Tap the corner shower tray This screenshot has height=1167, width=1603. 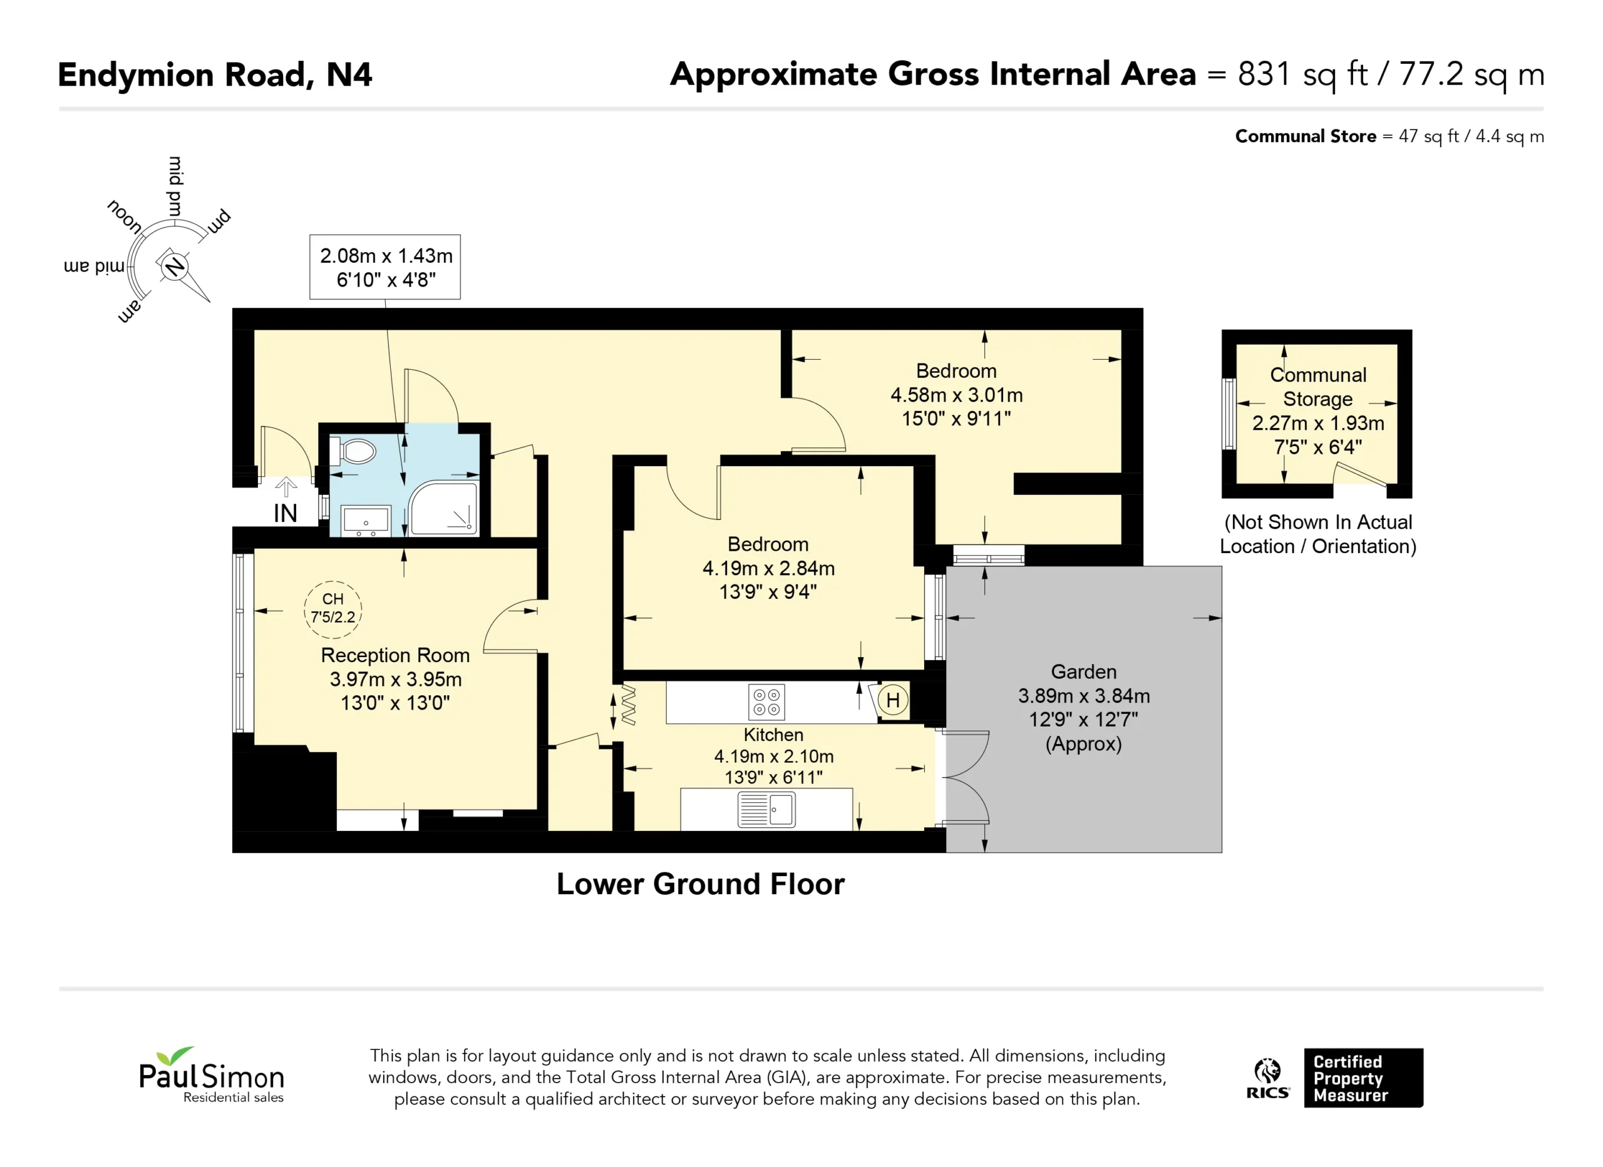(x=444, y=507)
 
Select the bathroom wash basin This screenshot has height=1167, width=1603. (x=366, y=521)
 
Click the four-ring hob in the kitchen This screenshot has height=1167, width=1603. (x=767, y=702)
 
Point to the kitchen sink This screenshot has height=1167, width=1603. (x=766, y=810)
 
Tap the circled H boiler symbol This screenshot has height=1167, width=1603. (x=893, y=700)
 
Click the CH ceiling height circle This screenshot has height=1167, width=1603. (x=333, y=609)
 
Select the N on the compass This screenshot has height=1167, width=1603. (x=174, y=267)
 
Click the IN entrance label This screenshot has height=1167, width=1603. (x=286, y=514)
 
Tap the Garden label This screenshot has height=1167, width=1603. (x=1083, y=672)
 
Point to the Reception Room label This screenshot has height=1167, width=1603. (x=395, y=656)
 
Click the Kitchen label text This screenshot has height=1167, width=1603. (x=773, y=735)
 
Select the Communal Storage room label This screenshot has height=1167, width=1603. (x=1318, y=387)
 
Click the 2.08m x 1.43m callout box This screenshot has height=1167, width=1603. (x=385, y=267)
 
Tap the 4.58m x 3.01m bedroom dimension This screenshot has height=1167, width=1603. (x=956, y=395)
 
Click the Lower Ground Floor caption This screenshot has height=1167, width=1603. (x=701, y=884)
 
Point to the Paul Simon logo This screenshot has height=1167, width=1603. (x=212, y=1075)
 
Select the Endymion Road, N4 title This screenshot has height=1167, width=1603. (x=215, y=75)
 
